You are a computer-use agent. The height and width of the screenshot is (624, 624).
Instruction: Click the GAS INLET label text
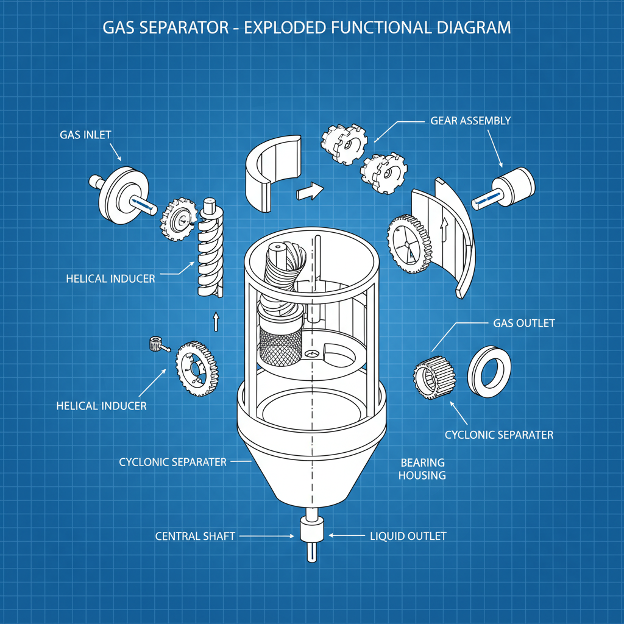[x=85, y=135]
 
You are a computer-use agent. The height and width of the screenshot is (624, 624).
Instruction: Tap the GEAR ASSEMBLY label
[x=470, y=121]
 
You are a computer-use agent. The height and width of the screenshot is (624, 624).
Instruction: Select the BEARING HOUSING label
[x=422, y=469]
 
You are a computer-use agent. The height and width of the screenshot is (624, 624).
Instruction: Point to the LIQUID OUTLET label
[x=408, y=536]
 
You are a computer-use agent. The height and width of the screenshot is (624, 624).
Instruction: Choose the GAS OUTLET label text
[x=523, y=323]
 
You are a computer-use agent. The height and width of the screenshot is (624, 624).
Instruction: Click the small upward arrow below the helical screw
[x=215, y=321]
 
